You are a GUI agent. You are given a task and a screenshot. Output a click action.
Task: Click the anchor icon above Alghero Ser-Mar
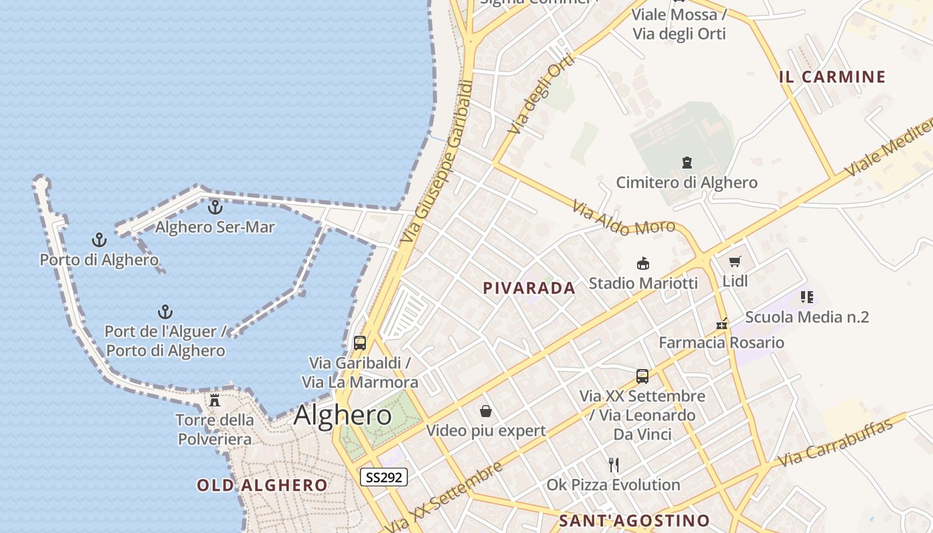click(x=215, y=207)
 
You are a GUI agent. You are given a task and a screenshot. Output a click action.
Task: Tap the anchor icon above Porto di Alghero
click(x=99, y=240)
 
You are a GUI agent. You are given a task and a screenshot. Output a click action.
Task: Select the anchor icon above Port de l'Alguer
click(x=165, y=311)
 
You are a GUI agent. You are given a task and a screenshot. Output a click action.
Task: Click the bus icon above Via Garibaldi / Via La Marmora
click(x=360, y=343)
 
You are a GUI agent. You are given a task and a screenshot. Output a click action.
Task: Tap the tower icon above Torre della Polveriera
click(x=215, y=400)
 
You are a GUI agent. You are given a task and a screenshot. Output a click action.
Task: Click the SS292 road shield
click(x=384, y=477)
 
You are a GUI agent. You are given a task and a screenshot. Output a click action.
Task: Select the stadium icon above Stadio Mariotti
click(x=642, y=263)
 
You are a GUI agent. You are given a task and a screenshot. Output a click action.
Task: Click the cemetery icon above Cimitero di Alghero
click(x=686, y=162)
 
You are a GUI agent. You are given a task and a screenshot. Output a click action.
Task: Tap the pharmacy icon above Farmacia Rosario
click(x=721, y=324)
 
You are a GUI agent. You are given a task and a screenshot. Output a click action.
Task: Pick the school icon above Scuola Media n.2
click(x=806, y=297)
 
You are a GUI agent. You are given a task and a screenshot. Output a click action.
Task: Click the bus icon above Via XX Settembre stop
click(x=642, y=376)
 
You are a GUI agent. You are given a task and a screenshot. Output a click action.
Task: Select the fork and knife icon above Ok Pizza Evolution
click(x=614, y=465)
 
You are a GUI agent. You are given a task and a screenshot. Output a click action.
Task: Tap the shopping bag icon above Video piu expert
click(x=485, y=411)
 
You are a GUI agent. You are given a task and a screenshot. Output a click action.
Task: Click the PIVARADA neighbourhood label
click(x=529, y=288)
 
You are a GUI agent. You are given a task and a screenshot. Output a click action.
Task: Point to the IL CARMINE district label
click(x=832, y=77)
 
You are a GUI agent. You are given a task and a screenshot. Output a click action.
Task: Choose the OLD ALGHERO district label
click(x=262, y=485)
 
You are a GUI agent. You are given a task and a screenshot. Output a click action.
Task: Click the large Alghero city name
click(x=343, y=415)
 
